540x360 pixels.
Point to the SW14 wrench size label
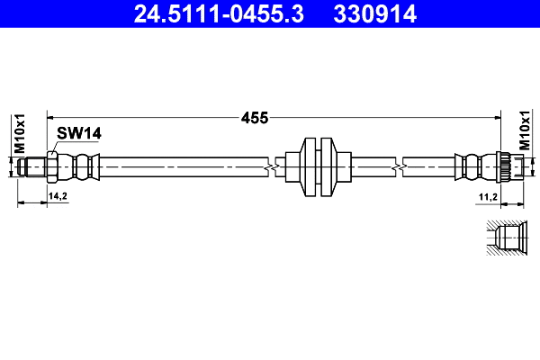(x=78, y=133)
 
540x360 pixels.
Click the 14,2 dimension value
(x=58, y=195)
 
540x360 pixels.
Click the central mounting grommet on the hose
(x=319, y=166)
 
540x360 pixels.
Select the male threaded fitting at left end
(x=33, y=166)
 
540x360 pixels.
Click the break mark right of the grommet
(x=397, y=166)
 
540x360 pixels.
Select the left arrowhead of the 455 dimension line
(x=50, y=117)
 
